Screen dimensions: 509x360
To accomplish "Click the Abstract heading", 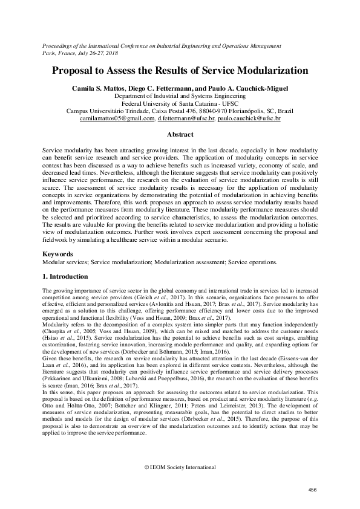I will (x=180, y=134).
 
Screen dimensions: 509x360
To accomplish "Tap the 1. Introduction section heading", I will (x=65, y=276).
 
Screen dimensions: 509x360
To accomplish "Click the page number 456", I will (x=313, y=489).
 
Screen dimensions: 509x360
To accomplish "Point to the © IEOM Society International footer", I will (x=180, y=468).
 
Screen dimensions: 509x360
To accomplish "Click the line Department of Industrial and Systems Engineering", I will (x=180, y=96).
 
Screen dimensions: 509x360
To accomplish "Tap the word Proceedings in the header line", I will (x=59, y=45).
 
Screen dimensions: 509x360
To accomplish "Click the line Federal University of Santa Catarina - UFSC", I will (x=180, y=103).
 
